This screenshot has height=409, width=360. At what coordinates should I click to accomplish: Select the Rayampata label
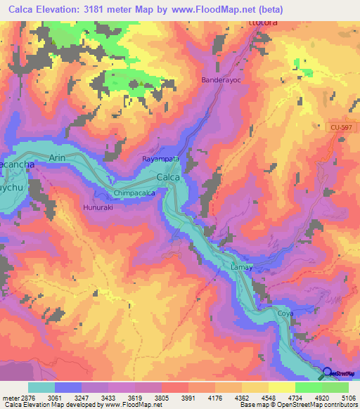tap(161, 160)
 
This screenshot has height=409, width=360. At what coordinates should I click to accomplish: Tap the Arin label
tap(57, 159)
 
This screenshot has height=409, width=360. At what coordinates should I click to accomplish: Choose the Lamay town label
tap(241, 268)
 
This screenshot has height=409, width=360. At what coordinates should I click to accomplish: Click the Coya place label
tap(285, 313)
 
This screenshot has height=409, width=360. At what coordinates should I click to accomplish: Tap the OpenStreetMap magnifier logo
tap(327, 373)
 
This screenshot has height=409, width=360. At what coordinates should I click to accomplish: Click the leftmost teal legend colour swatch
tap(41, 387)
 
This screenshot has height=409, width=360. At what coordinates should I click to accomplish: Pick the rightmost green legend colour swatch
tap(335, 387)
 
